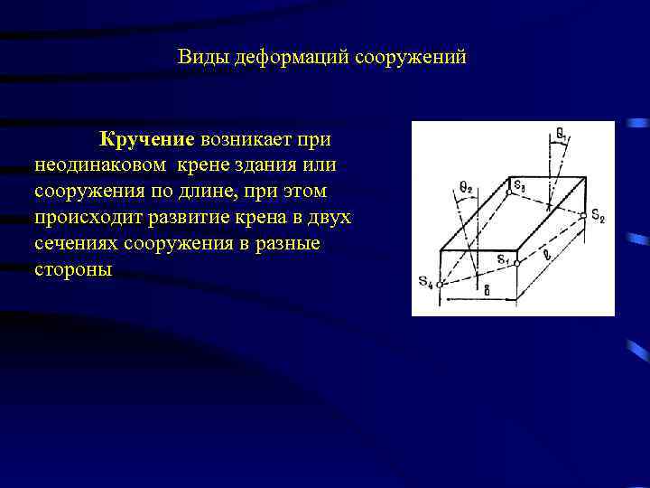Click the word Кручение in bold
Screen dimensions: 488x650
click(x=147, y=140)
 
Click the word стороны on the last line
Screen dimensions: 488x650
click(x=73, y=271)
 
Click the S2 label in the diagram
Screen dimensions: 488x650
click(x=598, y=220)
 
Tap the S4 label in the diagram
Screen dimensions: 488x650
click(x=425, y=281)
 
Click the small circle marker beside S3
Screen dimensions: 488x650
click(x=509, y=192)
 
